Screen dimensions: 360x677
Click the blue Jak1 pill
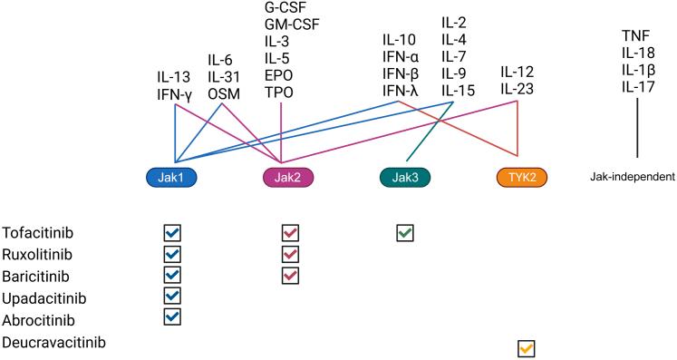pos(172,177)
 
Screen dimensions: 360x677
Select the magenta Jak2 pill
pos(282,177)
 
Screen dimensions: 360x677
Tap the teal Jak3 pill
pos(403,177)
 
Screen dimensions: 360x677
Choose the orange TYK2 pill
pos(517,177)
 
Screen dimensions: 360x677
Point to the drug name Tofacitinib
pos(36,232)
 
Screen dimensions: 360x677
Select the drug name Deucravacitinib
pos(53,342)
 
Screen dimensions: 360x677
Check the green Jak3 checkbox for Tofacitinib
pos(404,233)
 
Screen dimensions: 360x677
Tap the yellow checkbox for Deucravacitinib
pos(526,348)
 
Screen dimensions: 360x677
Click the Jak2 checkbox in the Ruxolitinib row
pos(290,255)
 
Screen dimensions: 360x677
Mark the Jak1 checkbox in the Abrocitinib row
pos(171,316)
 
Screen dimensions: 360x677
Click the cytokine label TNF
pos(636,35)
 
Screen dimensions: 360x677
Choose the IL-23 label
pos(517,90)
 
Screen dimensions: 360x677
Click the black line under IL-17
pos(637,127)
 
